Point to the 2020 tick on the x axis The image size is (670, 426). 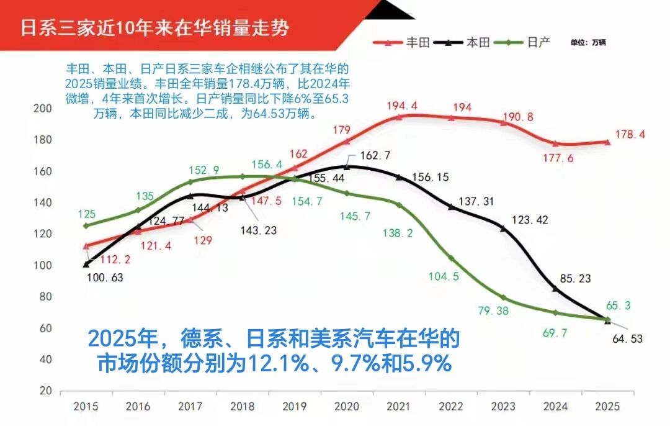pyautogui.click(x=346, y=407)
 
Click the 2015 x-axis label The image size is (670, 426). pyautogui.click(x=86, y=407)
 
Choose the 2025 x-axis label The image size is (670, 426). pyautogui.click(x=607, y=407)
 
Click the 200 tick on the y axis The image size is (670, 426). pyautogui.click(x=42, y=109)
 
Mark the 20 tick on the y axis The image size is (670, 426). pyautogui.click(x=45, y=391)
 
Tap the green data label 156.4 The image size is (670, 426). pyautogui.click(x=267, y=165)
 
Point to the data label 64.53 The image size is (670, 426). pyautogui.click(x=627, y=338)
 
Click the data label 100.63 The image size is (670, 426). pyautogui.click(x=105, y=278)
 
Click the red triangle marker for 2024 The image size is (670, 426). pyautogui.click(x=555, y=143)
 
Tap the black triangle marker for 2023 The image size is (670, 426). pyautogui.click(x=503, y=229)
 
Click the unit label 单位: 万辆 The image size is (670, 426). pyautogui.click(x=588, y=43)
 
